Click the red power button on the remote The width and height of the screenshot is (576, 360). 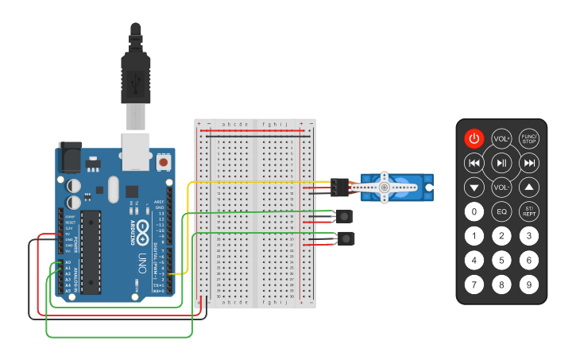474,138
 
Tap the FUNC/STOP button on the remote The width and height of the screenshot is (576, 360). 529,138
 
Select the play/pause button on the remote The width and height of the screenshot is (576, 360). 501,163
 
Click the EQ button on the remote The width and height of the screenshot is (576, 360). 501,212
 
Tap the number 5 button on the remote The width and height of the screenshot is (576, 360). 501,260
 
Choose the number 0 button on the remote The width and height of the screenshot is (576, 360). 474,212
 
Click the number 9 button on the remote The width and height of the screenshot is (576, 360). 529,284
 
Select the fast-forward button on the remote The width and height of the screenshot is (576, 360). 529,163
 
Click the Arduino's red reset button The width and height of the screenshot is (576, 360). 164,162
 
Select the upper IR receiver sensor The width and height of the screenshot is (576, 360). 345,215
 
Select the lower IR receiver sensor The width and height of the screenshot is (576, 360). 345,238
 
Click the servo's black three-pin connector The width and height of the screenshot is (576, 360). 340,188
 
